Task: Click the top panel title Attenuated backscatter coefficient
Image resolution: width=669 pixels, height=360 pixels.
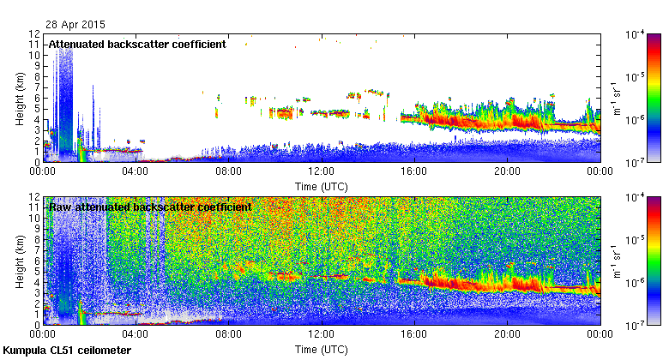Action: (137, 45)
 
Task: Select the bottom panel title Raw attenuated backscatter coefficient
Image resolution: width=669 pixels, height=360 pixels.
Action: (150, 207)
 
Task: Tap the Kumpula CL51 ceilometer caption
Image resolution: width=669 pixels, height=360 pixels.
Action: (68, 351)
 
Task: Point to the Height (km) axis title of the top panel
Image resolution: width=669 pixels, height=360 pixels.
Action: (20, 98)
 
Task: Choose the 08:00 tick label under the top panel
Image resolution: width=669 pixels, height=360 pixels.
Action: (228, 171)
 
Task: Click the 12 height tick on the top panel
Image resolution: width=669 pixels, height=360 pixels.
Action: (34, 34)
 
